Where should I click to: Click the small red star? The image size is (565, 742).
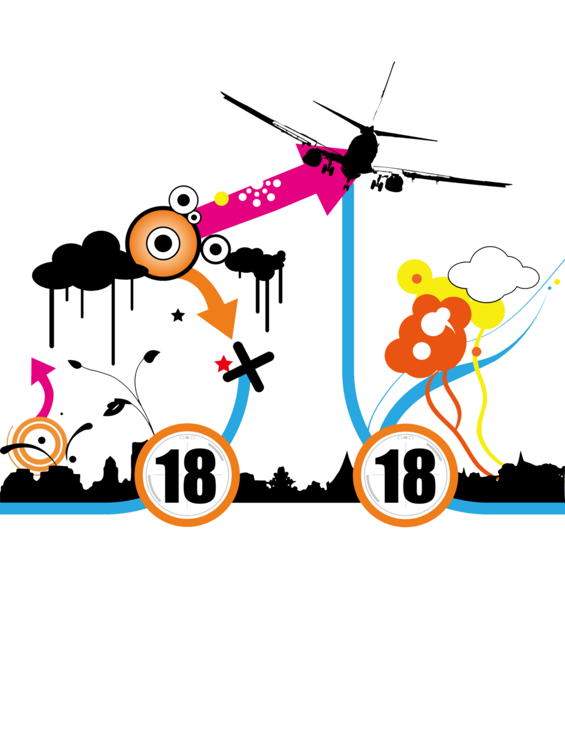pyautogui.click(x=224, y=364)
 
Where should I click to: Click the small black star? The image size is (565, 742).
pyautogui.click(x=178, y=315)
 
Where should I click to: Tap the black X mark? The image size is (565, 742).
pyautogui.click(x=249, y=367)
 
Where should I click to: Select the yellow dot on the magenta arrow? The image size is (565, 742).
pyautogui.click(x=221, y=199)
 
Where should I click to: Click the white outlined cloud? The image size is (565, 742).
pyautogui.click(x=493, y=274)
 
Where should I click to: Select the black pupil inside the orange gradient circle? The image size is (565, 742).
pyautogui.click(x=163, y=243)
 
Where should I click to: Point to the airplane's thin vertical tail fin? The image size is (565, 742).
pyautogui.click(x=383, y=91)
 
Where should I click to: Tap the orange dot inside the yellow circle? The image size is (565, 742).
pyautogui.click(x=417, y=279)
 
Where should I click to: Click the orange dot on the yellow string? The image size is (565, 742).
pyautogui.click(x=477, y=352)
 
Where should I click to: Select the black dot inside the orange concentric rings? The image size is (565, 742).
pyautogui.click(x=42, y=440)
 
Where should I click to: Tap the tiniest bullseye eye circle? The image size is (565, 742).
pyautogui.click(x=194, y=218)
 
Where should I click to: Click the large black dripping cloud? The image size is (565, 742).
pyautogui.click(x=90, y=267)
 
